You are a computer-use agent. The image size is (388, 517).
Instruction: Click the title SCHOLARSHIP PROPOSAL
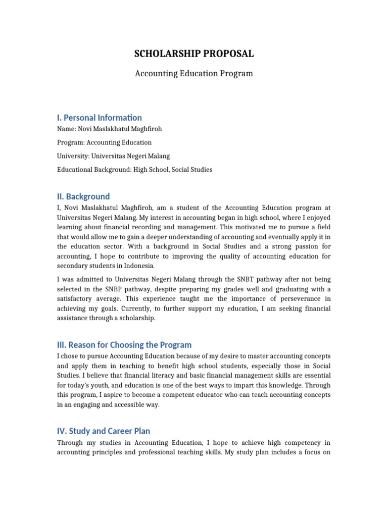click(194, 54)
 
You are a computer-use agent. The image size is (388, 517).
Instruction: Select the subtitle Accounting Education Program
click(194, 74)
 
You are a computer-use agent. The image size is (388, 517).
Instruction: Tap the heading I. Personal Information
click(100, 118)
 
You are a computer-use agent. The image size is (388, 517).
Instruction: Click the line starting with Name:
click(109, 129)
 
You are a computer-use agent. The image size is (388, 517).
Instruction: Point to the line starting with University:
click(113, 157)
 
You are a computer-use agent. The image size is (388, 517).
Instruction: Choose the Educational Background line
click(134, 170)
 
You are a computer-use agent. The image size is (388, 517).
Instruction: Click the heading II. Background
click(83, 196)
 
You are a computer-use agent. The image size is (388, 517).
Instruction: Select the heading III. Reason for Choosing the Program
click(124, 345)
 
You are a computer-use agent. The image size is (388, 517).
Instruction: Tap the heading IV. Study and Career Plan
click(104, 431)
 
